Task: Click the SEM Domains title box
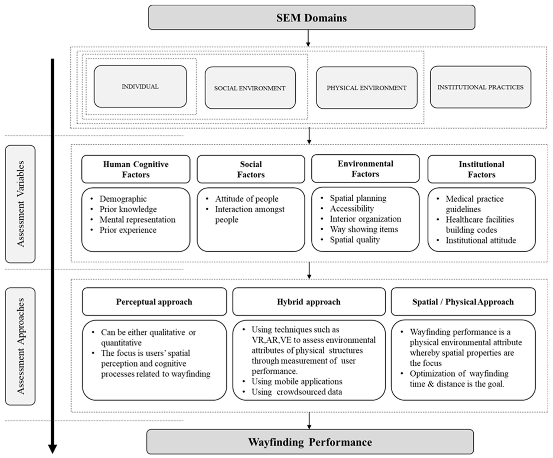312,17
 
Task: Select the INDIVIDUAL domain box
140,86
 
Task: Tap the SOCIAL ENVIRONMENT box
250,88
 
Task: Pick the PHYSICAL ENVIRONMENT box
367,88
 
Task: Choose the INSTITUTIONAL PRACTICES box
481,87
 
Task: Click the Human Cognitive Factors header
136,169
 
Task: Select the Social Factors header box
251,169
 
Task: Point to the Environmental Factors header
366,169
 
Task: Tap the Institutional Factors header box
482,169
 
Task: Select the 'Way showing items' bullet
364,229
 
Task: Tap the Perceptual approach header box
154,302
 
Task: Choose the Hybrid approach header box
309,302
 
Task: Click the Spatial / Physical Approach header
463,302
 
